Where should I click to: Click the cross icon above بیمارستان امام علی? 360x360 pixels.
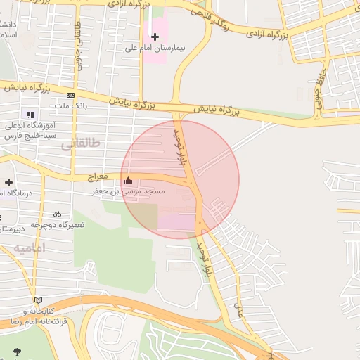tap(155, 37)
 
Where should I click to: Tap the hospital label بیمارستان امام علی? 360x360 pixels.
tap(154, 49)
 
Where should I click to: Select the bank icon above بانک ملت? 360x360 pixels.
tap(70, 95)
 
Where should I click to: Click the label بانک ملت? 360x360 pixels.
tap(70, 106)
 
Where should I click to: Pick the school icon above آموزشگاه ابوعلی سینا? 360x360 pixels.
tap(30, 114)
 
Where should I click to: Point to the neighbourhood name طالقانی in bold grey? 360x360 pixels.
tap(80, 143)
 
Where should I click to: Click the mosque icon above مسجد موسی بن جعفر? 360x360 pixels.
tap(127, 180)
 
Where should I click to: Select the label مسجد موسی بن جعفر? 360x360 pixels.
tap(129, 191)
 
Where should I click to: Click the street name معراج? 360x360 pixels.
tap(98, 176)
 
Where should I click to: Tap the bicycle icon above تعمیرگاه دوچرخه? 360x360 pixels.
tap(57, 214)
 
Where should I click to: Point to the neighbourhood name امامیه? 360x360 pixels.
tap(29, 248)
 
